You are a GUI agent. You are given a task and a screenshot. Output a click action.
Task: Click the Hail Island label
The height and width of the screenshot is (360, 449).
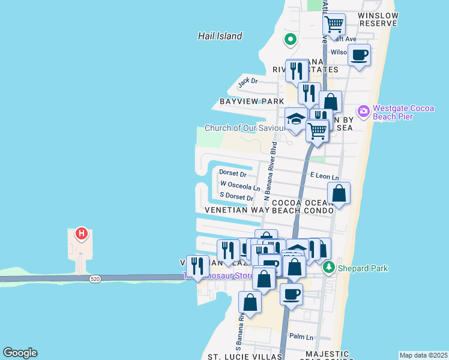tap(220, 36)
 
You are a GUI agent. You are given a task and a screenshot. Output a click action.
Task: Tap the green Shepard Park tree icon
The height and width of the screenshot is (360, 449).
tap(328, 267)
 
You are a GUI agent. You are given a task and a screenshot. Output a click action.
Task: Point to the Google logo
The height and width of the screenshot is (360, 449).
tap(20, 353)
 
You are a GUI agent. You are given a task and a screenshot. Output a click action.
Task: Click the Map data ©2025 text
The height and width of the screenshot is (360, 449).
tap(423, 355)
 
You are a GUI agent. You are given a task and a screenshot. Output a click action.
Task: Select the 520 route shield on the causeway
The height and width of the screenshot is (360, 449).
tap(95, 279)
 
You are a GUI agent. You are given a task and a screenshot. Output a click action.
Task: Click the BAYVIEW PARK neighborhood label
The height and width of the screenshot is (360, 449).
tap(251, 101)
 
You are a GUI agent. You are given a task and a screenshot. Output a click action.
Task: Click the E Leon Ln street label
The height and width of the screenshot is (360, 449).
tap(324, 177)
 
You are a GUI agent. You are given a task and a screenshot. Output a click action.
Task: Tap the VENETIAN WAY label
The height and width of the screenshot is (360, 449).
tap(237, 211)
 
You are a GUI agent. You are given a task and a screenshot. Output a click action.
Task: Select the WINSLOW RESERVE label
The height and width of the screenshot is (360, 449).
tap(378, 19)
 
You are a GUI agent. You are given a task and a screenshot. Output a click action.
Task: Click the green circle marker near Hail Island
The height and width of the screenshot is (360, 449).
tap(291, 40)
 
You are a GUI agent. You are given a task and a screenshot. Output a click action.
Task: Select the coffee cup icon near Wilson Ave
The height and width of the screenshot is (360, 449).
tap(359, 55)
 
